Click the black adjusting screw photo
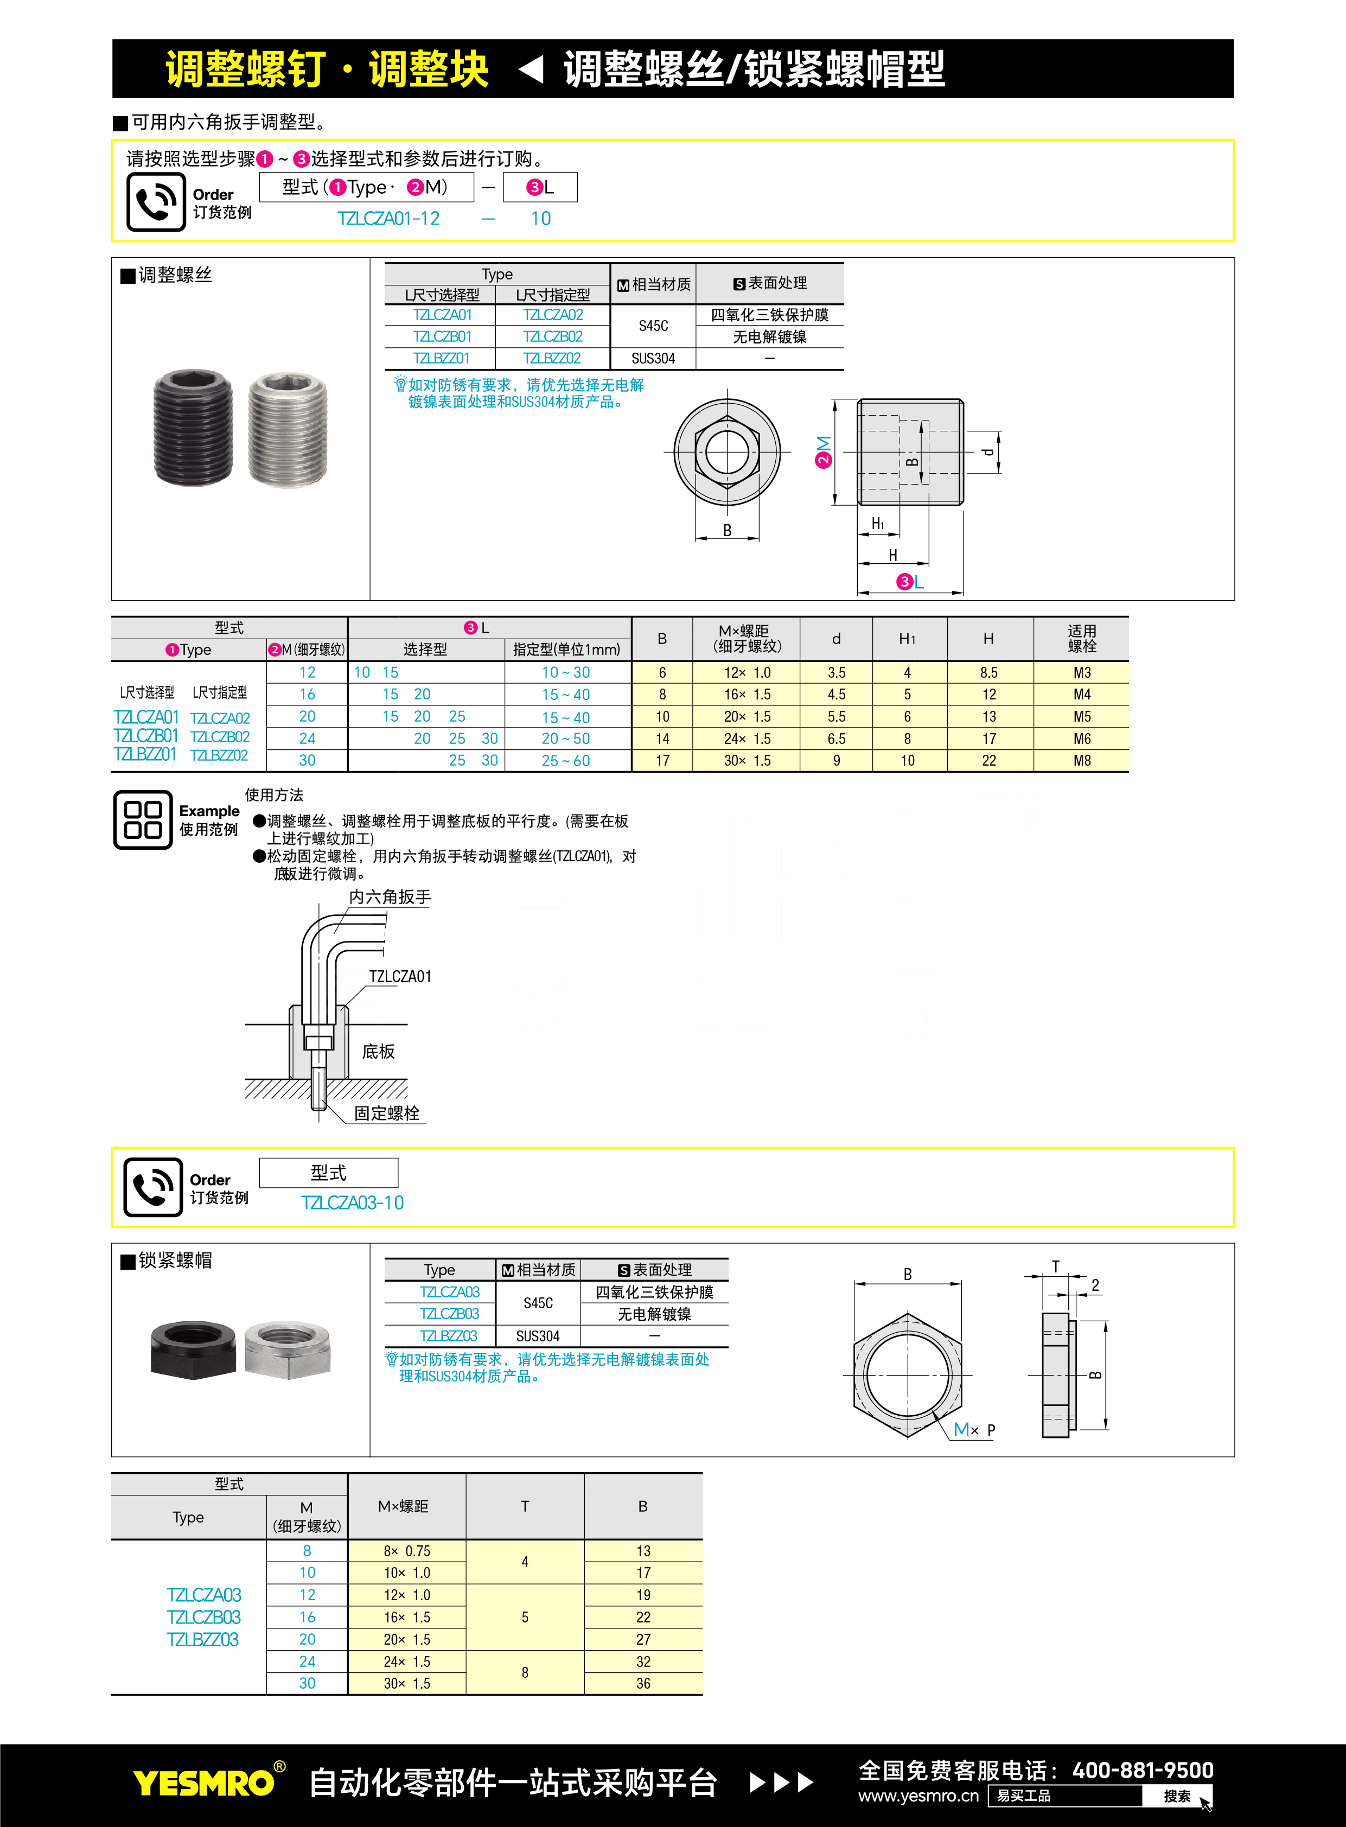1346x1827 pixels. click(x=193, y=427)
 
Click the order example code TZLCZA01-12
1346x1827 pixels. click(x=388, y=218)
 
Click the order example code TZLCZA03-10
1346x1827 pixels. click(x=352, y=1203)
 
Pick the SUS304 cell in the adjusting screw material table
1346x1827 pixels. click(x=653, y=359)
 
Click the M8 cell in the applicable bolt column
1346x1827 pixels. click(x=1081, y=760)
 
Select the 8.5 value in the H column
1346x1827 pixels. click(x=988, y=673)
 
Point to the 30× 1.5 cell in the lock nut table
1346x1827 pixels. click(x=406, y=1684)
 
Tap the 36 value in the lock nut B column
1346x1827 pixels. click(x=643, y=1684)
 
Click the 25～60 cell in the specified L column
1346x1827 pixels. click(x=565, y=760)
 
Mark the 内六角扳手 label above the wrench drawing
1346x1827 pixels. click(x=390, y=897)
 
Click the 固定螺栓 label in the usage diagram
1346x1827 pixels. click(x=386, y=1113)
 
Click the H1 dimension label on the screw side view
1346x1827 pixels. click(x=877, y=524)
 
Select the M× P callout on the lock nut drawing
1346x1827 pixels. click(x=974, y=1429)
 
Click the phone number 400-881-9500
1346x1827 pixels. click(x=1143, y=1770)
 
